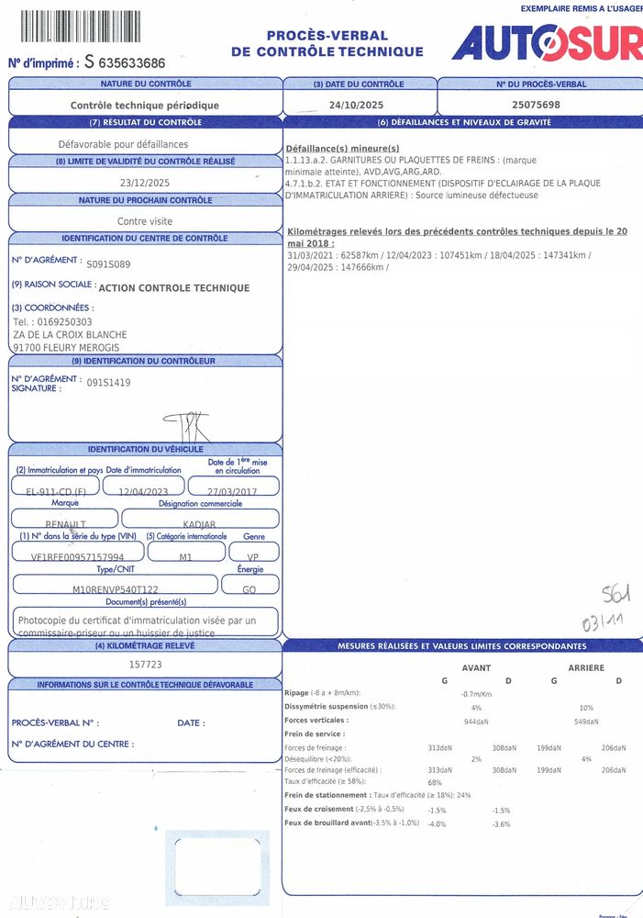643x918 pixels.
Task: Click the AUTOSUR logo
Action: point(547,41)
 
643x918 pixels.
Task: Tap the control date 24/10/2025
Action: point(358,105)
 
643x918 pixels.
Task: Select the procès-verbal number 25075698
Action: point(536,105)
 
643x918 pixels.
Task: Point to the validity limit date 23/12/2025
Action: point(145,182)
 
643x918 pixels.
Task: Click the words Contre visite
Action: point(145,221)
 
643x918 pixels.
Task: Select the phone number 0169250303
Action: point(65,322)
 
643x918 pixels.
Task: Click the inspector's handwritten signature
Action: point(187,426)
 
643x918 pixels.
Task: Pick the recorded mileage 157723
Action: point(145,664)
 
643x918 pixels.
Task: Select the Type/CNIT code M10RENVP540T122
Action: point(115,589)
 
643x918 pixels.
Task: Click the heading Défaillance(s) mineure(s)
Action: point(343,149)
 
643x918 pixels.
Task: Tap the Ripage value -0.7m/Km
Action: point(477,693)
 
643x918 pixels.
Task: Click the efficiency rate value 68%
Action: point(435,782)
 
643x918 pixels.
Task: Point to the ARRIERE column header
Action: point(586,667)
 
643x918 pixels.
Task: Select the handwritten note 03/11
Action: point(602,622)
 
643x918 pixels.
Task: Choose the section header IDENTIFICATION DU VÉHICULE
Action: point(145,449)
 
